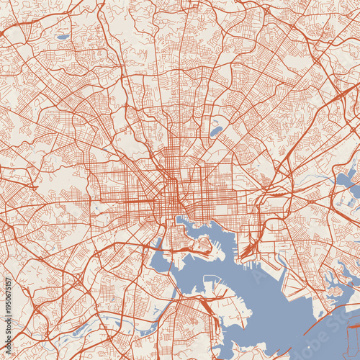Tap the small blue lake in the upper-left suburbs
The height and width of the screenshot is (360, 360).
63,37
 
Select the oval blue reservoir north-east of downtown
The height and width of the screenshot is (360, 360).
216,132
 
